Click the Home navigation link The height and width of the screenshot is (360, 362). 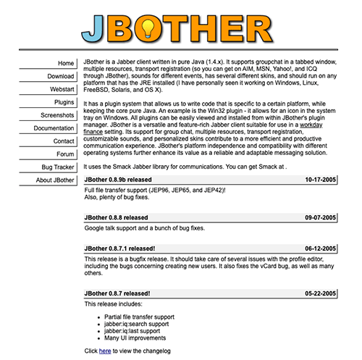tap(65, 63)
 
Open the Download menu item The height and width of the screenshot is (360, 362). tap(61, 76)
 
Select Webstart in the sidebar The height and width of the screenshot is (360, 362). tap(62, 89)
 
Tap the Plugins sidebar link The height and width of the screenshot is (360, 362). tap(64, 102)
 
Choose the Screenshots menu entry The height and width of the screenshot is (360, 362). tap(57, 115)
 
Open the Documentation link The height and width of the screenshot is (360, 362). tap(54, 128)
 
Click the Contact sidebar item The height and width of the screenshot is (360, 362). tap(64, 141)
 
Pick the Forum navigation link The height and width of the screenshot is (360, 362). tap(65, 154)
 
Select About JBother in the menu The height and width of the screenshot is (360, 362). tap(54, 180)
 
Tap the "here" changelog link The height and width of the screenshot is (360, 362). tap(105, 351)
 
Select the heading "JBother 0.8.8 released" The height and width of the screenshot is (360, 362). tap(116, 217)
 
